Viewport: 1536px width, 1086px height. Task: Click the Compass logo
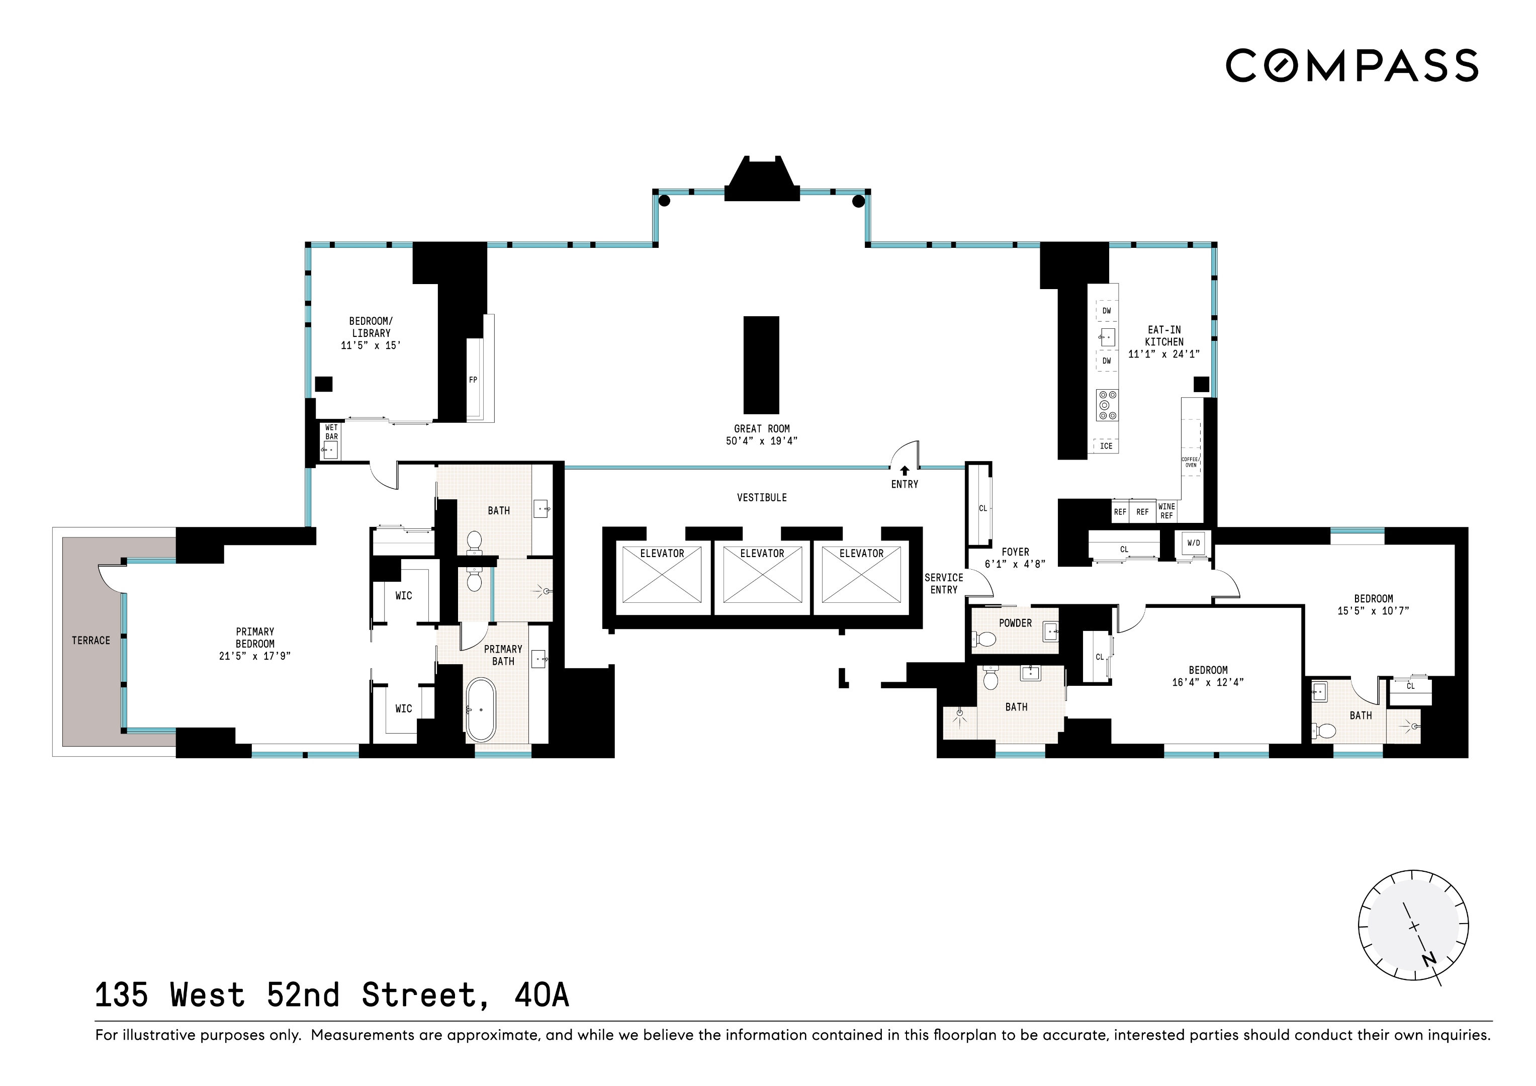pos(1351,65)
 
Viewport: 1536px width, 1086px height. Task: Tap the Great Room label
pos(761,429)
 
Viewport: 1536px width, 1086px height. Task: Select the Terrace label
pos(91,641)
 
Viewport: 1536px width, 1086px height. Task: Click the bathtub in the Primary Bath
pos(480,709)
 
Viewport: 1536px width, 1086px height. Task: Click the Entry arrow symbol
pos(905,471)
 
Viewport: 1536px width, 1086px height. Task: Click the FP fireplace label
pos(473,380)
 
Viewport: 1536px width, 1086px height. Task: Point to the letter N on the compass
pos(1429,959)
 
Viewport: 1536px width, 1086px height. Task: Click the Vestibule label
pos(761,498)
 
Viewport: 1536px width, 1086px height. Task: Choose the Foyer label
pos(1015,552)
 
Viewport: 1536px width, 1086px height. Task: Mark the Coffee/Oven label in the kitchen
pos(1190,462)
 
